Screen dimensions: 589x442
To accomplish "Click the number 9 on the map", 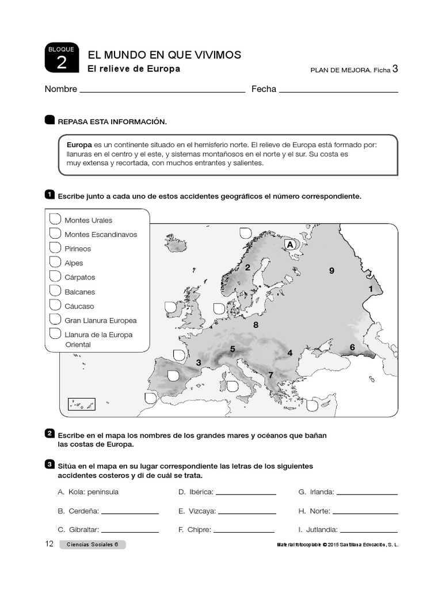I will point(331,270).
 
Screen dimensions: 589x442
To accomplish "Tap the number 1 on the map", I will point(371,288).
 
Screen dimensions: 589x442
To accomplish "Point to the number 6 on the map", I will point(352,347).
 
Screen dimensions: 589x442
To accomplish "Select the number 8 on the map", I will point(256,325).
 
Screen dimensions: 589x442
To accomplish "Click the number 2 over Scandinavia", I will point(247,267).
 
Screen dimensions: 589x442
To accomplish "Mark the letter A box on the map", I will point(290,244).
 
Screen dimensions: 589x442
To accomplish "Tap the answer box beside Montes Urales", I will point(55,219).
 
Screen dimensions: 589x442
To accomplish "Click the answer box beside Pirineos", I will point(55,248).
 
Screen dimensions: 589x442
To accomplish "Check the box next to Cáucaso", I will point(55,305).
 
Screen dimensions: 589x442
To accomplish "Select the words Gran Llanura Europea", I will point(101,320).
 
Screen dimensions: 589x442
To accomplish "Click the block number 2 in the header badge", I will point(62,63).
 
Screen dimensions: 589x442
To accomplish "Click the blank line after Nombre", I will point(162,91).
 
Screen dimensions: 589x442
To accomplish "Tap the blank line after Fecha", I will point(338,91).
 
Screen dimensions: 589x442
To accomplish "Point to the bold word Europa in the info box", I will point(79,144).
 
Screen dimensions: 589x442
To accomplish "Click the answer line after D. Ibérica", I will point(245,494).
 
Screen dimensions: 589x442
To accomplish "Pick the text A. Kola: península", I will point(88,492).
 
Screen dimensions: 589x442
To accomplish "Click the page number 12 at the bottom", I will point(49,544).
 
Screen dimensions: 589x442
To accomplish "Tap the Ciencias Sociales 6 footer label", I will point(92,544).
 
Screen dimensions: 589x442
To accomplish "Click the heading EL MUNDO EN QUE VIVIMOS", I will point(164,55).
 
